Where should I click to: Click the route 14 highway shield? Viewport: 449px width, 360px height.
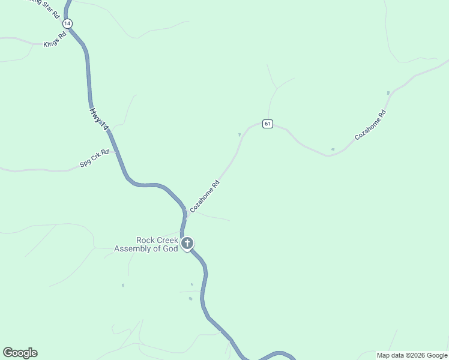tap(67, 23)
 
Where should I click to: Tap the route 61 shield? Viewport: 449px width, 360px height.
tap(268, 124)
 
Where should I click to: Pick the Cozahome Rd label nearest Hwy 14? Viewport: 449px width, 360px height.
tap(205, 196)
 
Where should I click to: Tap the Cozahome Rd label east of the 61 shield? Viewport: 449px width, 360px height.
tap(370, 125)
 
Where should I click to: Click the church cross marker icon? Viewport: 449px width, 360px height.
tap(187, 244)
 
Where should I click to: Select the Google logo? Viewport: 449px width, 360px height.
tap(20, 353)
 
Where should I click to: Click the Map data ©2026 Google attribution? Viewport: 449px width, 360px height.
tap(412, 355)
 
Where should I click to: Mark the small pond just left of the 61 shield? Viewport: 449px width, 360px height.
tap(240, 134)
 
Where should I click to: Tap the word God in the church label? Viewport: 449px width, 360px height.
tap(171, 248)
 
